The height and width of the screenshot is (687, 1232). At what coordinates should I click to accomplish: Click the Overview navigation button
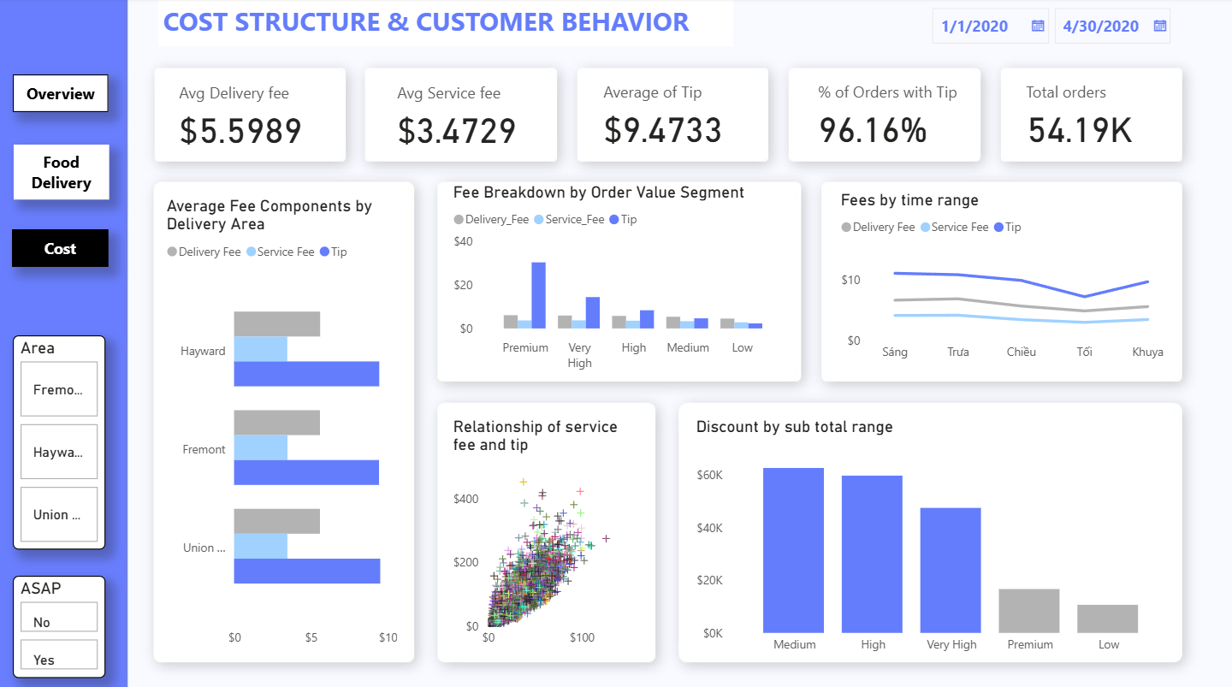[61, 94]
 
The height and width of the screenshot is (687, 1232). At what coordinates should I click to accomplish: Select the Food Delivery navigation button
[61, 172]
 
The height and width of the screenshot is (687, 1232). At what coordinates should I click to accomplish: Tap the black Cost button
[60, 249]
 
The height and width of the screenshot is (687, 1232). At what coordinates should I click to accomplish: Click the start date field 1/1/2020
[974, 27]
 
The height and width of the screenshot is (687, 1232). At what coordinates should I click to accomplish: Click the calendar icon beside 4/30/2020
[1160, 26]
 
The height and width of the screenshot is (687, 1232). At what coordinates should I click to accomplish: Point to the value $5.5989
[240, 131]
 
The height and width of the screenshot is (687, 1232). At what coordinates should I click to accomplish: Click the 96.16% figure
[873, 130]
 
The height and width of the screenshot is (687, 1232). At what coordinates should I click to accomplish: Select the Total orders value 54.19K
[1080, 130]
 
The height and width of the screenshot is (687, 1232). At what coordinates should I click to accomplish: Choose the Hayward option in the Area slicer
[59, 452]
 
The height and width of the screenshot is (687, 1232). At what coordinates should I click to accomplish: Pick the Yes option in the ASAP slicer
[59, 660]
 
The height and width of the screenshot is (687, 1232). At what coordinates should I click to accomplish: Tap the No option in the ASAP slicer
[59, 622]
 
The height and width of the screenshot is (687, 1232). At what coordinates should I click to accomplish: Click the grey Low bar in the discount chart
[1107, 619]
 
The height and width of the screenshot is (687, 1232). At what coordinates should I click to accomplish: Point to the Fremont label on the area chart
[204, 449]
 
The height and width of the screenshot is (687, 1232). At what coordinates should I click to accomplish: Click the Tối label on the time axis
[1084, 352]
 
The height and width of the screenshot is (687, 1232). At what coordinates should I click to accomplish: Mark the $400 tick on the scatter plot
[466, 499]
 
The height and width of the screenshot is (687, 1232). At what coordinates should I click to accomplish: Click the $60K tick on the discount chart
[709, 475]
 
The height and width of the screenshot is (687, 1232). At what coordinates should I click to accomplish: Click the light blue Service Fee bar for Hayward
[260, 349]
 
